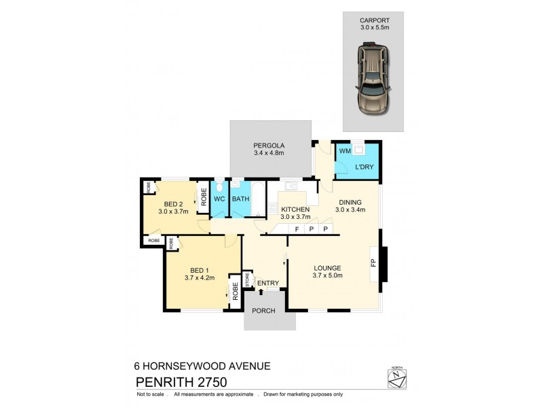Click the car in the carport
373,79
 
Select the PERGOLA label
269,146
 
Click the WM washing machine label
344,150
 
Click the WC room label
219,199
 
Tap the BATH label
241,199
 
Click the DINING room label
348,202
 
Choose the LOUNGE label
327,267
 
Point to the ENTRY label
268,282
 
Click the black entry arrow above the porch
261,292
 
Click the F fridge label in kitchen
297,229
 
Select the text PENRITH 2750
181,382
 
